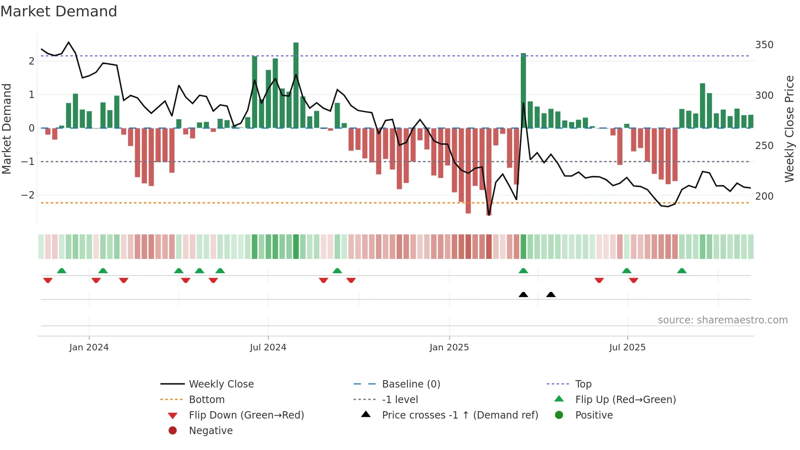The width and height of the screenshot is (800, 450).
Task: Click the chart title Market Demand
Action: pyautogui.click(x=59, y=11)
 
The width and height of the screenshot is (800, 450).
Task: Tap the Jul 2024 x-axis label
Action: pyautogui.click(x=268, y=348)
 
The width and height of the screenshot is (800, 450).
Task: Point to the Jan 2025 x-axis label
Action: pyautogui.click(x=449, y=348)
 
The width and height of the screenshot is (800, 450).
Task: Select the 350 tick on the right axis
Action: pyautogui.click(x=764, y=45)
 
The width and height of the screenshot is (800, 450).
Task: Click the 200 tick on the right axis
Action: pyautogui.click(x=764, y=196)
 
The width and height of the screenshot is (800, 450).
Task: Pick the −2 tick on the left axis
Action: pyautogui.click(x=28, y=195)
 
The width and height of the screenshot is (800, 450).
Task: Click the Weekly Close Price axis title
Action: pyautogui.click(x=789, y=129)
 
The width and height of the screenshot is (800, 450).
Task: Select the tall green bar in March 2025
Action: pyautogui.click(x=523, y=90)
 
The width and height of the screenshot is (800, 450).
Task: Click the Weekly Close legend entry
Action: pyautogui.click(x=221, y=384)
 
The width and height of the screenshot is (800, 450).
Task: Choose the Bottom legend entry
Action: pyautogui.click(x=207, y=399)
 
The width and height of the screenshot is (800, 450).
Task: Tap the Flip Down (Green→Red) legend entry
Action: pyautogui.click(x=246, y=415)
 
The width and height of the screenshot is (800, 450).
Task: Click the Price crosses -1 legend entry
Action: pyautogui.click(x=460, y=415)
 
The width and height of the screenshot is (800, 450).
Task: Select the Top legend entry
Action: pyautogui.click(x=583, y=384)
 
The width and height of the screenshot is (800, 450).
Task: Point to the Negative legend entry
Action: pyautogui.click(x=211, y=430)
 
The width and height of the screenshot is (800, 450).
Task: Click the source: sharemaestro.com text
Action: pyautogui.click(x=722, y=320)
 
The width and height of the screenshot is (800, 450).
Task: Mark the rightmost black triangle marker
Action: pyautogui.click(x=551, y=294)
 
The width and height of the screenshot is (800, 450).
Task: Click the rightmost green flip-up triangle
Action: pyautogui.click(x=682, y=271)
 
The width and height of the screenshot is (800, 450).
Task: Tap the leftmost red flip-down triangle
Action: pyautogui.click(x=48, y=280)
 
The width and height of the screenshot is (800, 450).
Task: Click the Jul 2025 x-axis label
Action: pyautogui.click(x=627, y=348)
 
